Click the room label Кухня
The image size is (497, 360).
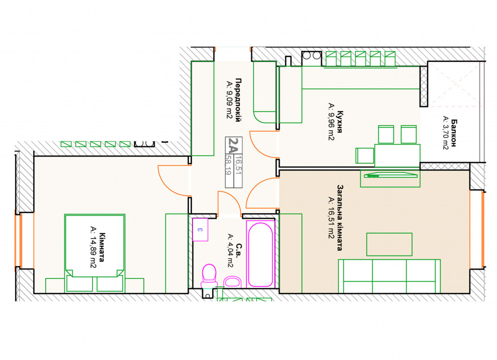click(x=340, y=122)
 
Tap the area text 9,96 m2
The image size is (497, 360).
click(x=331, y=121)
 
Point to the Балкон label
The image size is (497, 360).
click(x=454, y=133)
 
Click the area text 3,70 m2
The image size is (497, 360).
click(x=446, y=132)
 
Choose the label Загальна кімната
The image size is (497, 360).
click(x=340, y=218)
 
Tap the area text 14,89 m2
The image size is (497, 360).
click(x=93, y=247)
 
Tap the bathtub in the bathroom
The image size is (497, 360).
click(x=260, y=254)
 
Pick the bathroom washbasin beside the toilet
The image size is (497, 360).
click(x=232, y=282)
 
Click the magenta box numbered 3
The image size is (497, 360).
click(x=200, y=229)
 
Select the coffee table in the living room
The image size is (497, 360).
click(x=389, y=244)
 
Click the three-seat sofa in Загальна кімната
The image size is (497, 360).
click(x=389, y=277)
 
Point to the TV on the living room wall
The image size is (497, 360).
click(x=390, y=175)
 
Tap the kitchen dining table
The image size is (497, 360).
click(x=397, y=155)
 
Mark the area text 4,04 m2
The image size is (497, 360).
click(x=231, y=251)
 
